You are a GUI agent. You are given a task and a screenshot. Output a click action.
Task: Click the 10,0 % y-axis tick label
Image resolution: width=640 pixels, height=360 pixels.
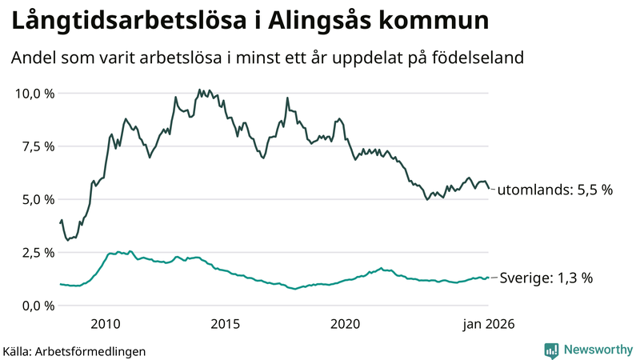tap(35, 94)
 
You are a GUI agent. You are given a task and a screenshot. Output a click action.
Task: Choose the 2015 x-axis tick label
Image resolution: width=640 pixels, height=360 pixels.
tap(226, 324)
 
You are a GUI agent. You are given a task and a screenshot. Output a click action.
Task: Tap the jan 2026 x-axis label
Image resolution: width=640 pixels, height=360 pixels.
tap(488, 324)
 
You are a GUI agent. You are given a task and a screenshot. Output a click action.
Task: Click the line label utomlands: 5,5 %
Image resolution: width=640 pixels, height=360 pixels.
tap(554, 190)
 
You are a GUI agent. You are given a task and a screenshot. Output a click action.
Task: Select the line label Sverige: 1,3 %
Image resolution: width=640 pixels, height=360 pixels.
tap(546, 278)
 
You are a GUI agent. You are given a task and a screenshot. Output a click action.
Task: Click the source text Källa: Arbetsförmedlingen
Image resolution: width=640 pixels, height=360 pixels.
tap(74, 350)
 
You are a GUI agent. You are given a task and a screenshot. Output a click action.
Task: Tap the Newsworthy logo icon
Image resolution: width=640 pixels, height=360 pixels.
tap(551, 350)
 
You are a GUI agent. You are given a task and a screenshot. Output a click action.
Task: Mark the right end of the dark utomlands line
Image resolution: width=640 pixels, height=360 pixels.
tap(489, 189)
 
